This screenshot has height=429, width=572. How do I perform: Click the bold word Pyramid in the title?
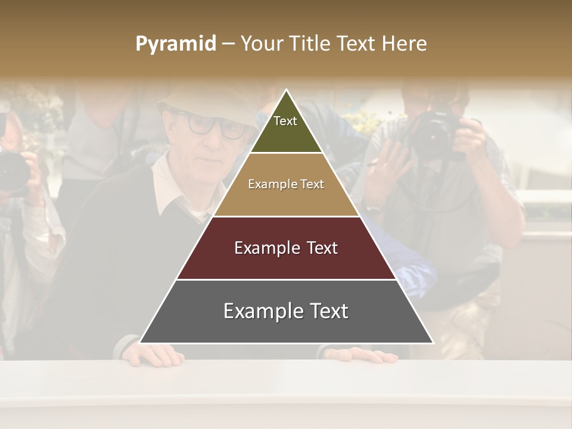coord(175,43)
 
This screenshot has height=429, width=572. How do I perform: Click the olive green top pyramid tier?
coord(286,128)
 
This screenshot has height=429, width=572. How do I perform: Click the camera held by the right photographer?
coord(438,134)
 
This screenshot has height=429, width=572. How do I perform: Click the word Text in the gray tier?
coord(324,311)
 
